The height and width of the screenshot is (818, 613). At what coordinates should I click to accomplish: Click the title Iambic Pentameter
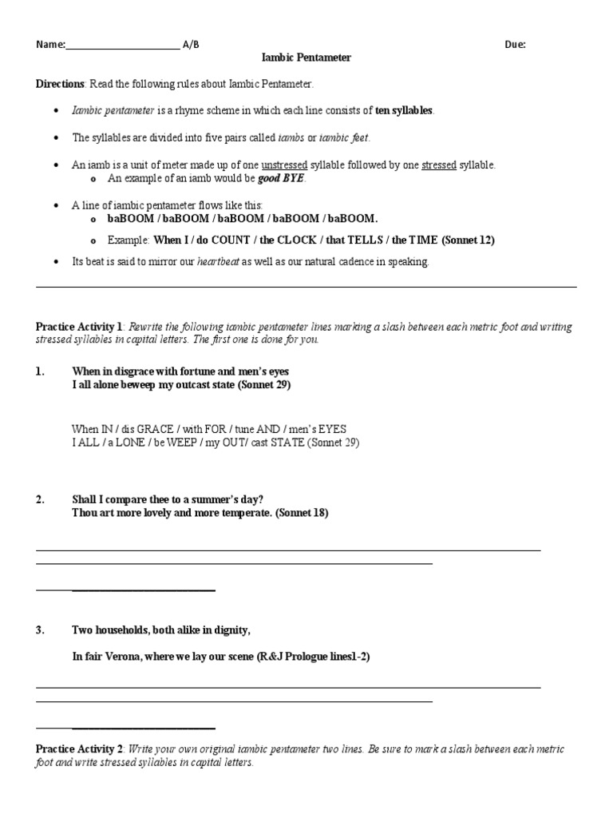click(306, 58)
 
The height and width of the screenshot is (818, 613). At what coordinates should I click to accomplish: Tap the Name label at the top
click(49, 45)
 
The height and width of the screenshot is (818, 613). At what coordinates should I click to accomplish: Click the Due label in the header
click(515, 45)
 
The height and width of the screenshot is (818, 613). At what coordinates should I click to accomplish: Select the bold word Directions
click(60, 84)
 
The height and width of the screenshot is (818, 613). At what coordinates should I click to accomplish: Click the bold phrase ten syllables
click(405, 110)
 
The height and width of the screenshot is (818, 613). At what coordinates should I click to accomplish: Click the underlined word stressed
click(438, 165)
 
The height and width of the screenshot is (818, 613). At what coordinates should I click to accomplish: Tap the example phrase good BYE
click(281, 178)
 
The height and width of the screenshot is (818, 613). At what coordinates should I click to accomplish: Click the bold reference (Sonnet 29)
click(264, 385)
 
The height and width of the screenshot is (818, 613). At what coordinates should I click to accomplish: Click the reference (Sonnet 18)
click(302, 513)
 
